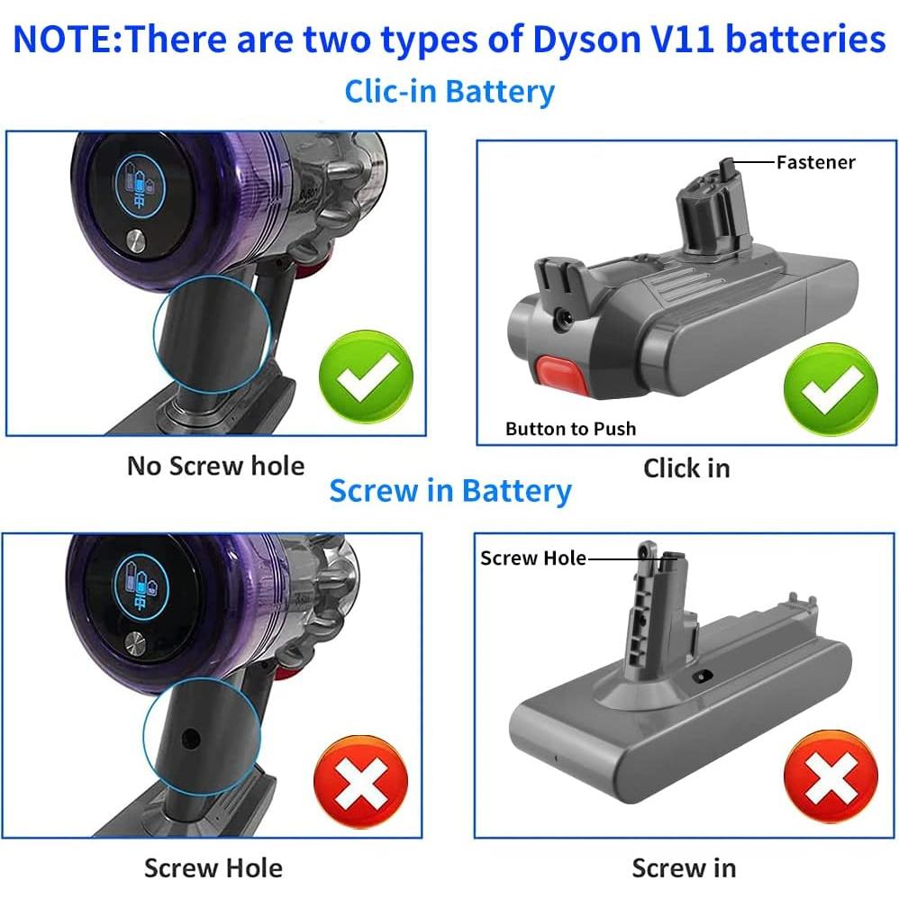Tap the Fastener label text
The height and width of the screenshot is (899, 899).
815,162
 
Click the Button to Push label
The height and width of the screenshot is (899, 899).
570,429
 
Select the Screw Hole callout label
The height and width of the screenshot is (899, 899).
532,558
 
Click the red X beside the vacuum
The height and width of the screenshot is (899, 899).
360,782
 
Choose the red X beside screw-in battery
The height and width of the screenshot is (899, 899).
830,779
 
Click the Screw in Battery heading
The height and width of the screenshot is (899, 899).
449,492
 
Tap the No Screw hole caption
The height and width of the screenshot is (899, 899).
215,466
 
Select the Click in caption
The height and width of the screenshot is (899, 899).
686,468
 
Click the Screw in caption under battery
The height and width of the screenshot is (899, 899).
684,868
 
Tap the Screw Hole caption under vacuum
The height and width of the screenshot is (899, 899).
213,868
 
